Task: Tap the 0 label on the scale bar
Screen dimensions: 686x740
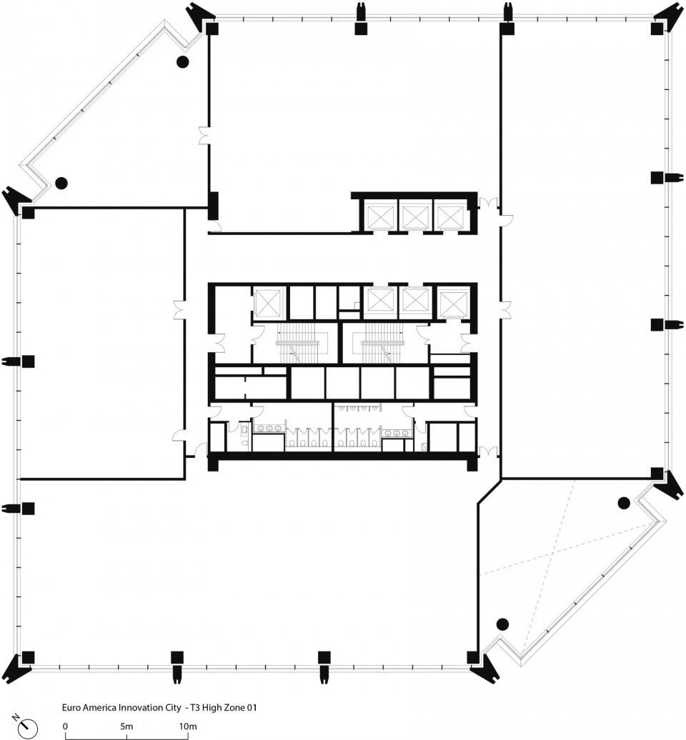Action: [x=65, y=726]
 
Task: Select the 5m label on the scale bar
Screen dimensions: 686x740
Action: [x=126, y=726]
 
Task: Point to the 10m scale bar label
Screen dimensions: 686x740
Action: [x=187, y=726]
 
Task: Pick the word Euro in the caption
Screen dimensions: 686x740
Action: [x=71, y=707]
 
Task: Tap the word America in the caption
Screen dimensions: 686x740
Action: [x=99, y=707]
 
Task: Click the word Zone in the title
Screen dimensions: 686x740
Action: [x=233, y=707]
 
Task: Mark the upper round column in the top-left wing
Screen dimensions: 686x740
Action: [x=183, y=61]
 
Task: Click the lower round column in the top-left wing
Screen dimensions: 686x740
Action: [x=61, y=183]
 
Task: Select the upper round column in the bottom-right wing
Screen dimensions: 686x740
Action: [x=624, y=503]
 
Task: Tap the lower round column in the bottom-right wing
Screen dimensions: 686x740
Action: [x=503, y=624]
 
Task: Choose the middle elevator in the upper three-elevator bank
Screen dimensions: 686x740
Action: [x=415, y=216]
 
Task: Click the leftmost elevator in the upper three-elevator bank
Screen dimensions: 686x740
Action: [x=380, y=216]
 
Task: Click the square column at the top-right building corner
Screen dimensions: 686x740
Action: [x=657, y=29]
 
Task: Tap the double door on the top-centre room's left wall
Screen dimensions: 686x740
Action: [x=204, y=136]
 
